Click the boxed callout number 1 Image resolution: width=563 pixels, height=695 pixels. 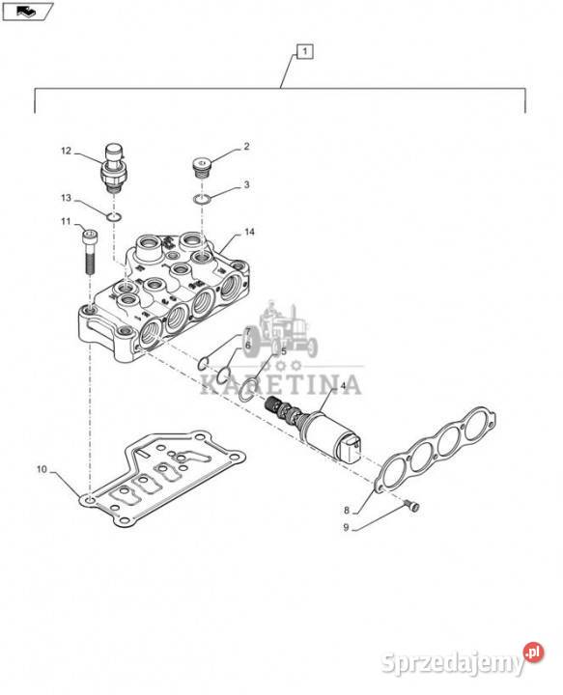click(x=304, y=51)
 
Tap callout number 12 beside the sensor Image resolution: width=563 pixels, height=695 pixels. click(x=66, y=152)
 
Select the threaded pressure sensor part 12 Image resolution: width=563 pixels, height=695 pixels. click(x=114, y=167)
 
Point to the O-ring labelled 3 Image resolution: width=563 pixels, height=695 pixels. click(x=202, y=199)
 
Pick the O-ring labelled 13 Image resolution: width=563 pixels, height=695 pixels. click(x=114, y=217)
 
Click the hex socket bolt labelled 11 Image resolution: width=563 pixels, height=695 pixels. click(x=90, y=251)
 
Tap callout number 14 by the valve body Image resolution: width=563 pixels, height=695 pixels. click(x=249, y=232)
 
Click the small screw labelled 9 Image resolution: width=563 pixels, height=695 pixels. click(x=412, y=506)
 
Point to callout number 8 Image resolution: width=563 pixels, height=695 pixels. click(x=347, y=511)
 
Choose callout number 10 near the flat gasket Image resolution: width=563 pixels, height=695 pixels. click(x=42, y=469)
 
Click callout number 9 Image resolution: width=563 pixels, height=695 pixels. click(x=347, y=527)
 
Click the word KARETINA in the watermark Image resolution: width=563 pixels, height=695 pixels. click(x=281, y=384)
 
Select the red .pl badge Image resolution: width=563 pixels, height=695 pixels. click(x=533, y=652)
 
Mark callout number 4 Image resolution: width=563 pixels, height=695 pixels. click(x=343, y=386)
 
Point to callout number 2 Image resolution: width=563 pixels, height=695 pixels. click(x=246, y=147)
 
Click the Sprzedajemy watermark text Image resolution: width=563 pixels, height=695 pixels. click(x=453, y=663)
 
